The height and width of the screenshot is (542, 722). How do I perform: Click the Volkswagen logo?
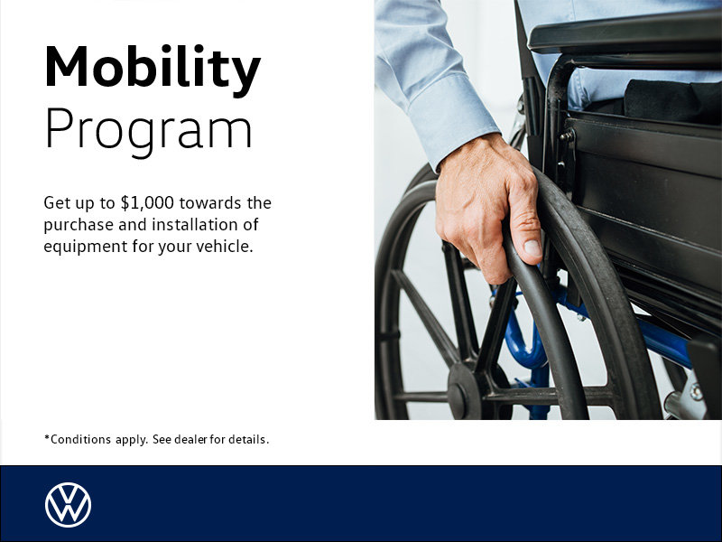pos(68,504)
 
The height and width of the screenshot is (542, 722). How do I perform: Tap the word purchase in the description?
pos(77,224)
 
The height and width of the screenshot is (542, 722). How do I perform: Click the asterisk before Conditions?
pos(47,438)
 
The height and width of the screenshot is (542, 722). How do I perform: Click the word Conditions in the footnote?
pos(82,440)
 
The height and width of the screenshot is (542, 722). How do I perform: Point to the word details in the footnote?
pos(248,440)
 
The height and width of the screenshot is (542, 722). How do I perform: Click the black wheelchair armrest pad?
pos(623,36)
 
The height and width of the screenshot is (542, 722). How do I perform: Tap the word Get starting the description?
pos(56,202)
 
